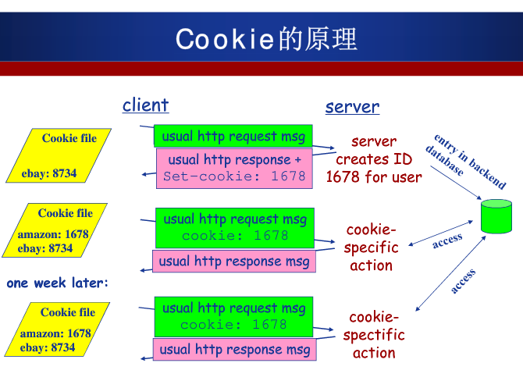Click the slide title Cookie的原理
(266, 39)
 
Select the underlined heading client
(145, 105)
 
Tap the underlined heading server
(352, 107)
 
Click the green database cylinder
(496, 215)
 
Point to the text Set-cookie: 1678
(234, 176)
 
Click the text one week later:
(58, 283)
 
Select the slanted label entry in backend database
(466, 162)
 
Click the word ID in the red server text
(402, 159)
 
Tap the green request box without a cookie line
(233, 136)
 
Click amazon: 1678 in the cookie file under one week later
(55, 333)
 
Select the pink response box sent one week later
(234, 350)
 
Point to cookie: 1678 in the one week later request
(233, 325)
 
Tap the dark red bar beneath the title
(261, 69)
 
